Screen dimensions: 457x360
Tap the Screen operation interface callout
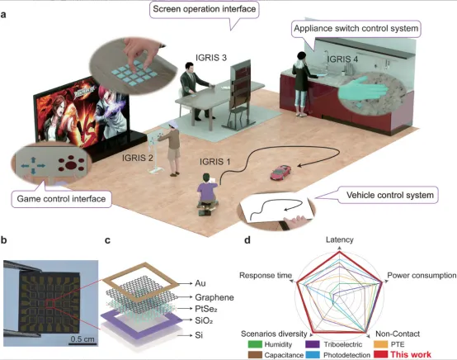[x=205, y=9]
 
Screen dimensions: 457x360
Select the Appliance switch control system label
[x=356, y=29]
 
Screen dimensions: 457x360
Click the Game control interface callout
[x=61, y=199]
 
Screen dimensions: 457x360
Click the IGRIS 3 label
[x=211, y=58]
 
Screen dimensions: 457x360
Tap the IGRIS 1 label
[x=214, y=161]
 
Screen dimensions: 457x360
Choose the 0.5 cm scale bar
[x=82, y=344]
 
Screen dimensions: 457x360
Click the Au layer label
[x=200, y=283]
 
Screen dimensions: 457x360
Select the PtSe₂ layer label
[x=206, y=309]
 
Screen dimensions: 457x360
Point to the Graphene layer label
[x=214, y=297]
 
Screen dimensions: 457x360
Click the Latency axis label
[x=340, y=239]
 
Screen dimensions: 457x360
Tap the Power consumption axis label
[x=422, y=276]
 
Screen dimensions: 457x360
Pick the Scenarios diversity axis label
[x=274, y=334]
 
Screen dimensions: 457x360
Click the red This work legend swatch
[x=380, y=355]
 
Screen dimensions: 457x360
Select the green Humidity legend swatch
[x=255, y=344]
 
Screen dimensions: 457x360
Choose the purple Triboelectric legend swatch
[x=313, y=344]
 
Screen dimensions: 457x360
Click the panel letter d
[x=247, y=240]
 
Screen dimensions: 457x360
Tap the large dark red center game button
[x=71, y=165]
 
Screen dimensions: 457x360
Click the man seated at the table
[x=194, y=91]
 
